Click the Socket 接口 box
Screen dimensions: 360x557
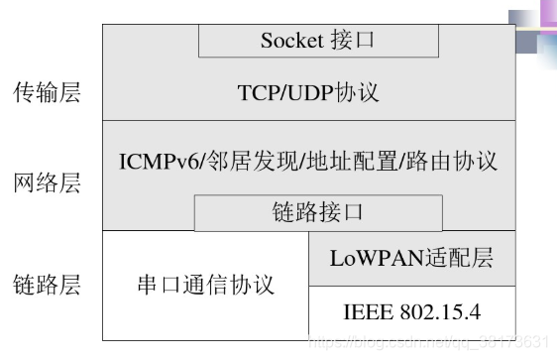318,41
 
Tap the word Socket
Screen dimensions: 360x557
292,41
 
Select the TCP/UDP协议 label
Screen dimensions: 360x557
308,93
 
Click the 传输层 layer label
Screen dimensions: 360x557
46,93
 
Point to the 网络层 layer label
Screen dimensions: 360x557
46,182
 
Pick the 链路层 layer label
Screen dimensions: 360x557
46,286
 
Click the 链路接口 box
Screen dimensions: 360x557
317,212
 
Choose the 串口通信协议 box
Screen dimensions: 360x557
205,286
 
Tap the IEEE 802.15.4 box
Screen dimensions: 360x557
411,312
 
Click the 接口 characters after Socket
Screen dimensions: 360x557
352,41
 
